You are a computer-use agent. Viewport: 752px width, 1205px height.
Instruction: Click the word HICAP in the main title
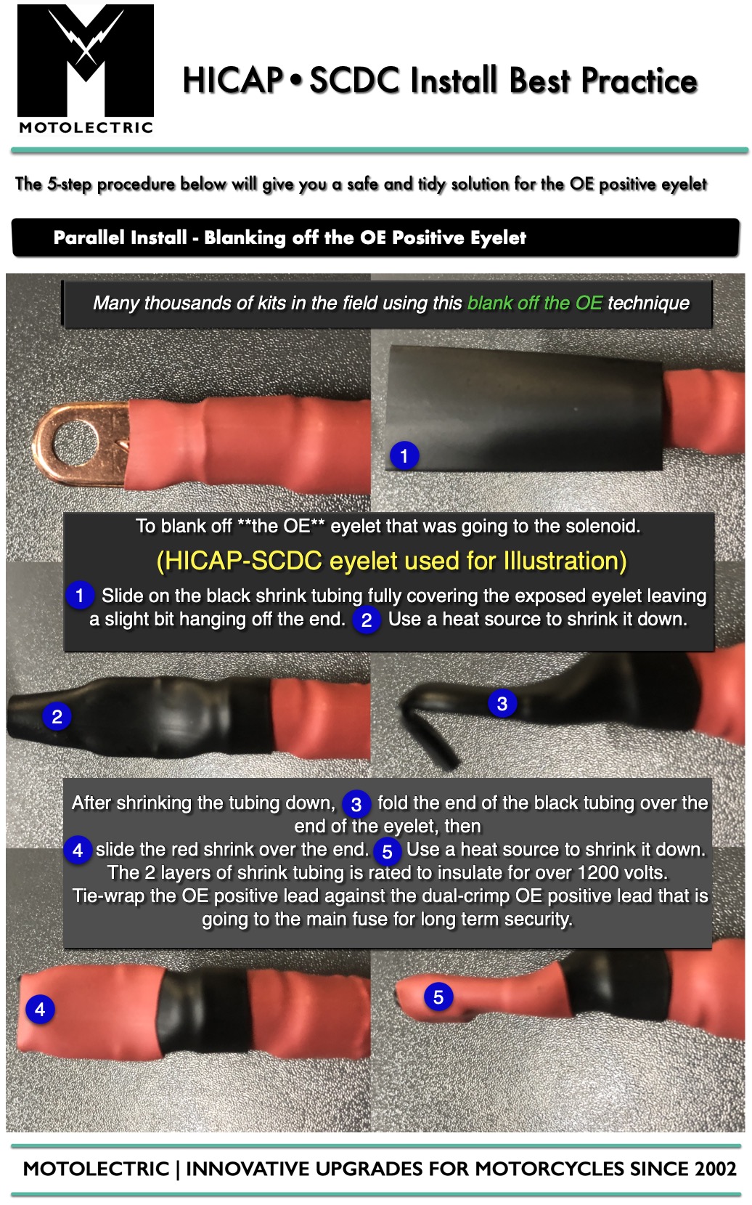(x=233, y=81)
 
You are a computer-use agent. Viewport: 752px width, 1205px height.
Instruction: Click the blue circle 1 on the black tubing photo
(x=404, y=455)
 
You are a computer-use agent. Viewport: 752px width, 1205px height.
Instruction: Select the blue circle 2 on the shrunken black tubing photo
(x=57, y=717)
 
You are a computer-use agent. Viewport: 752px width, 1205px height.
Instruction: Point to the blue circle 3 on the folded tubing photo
(x=502, y=703)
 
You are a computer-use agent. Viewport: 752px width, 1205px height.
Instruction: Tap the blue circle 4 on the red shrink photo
(x=40, y=1009)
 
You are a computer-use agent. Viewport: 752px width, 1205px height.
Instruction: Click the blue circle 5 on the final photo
(x=438, y=997)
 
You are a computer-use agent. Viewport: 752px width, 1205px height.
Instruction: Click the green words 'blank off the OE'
(x=535, y=303)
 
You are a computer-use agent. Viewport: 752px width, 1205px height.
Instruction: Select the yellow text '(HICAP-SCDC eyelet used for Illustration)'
(x=391, y=561)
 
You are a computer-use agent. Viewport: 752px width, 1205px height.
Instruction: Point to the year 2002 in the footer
(x=715, y=1169)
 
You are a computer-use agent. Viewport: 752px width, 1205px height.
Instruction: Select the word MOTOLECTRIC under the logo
(x=86, y=128)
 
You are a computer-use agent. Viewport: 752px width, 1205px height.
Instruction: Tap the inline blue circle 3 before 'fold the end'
(x=356, y=805)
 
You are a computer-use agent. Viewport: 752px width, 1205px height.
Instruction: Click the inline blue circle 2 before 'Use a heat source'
(x=367, y=620)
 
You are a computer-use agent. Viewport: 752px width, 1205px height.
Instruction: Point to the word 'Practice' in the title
(x=639, y=81)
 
